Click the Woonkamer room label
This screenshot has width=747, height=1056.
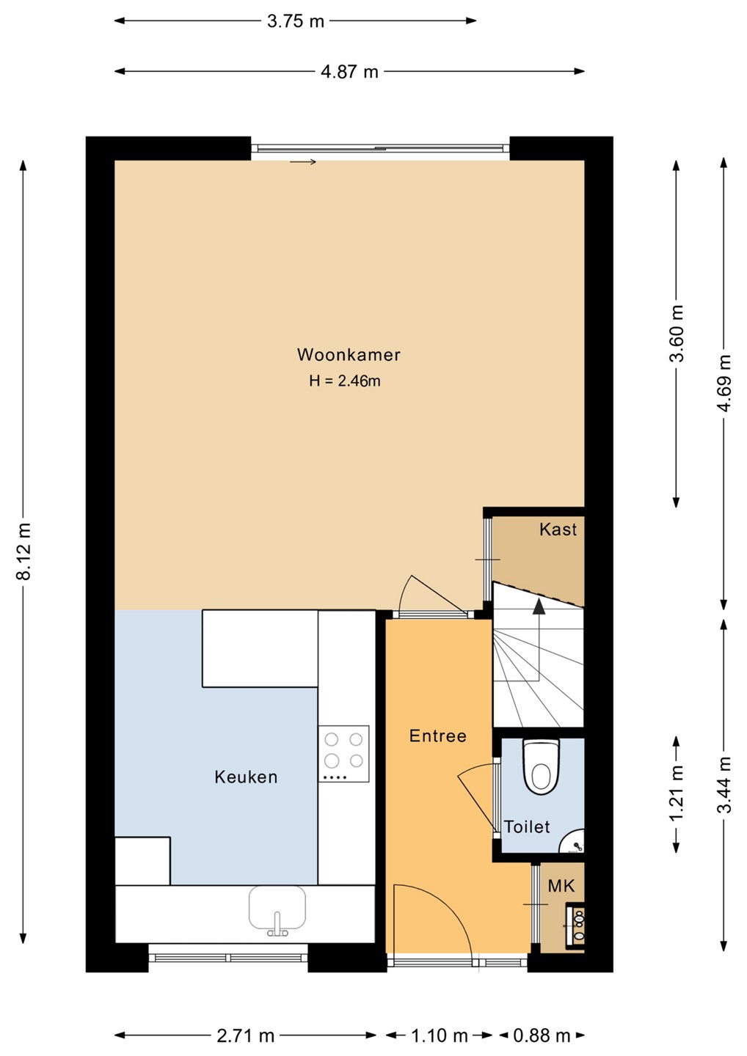pyautogui.click(x=349, y=355)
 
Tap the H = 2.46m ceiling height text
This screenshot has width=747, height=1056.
pyautogui.click(x=345, y=381)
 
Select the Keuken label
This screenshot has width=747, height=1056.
pyautogui.click(x=246, y=777)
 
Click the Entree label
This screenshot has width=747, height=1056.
pyautogui.click(x=437, y=736)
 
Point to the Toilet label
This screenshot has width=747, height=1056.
pyautogui.click(x=527, y=826)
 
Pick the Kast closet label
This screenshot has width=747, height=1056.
pyautogui.click(x=558, y=529)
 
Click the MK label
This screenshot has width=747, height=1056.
pyautogui.click(x=561, y=887)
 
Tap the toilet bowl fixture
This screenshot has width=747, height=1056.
pyautogui.click(x=541, y=768)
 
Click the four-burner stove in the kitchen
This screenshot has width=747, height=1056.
pyautogui.click(x=343, y=754)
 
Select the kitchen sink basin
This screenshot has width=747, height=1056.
pyautogui.click(x=277, y=910)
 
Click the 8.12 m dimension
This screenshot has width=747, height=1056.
pyautogui.click(x=23, y=551)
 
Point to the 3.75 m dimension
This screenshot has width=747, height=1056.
pyautogui.click(x=296, y=21)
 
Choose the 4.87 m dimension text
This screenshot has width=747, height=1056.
pyautogui.click(x=349, y=72)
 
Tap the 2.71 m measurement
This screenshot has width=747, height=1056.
pyautogui.click(x=245, y=1035)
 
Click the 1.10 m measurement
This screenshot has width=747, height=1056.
pyautogui.click(x=440, y=1035)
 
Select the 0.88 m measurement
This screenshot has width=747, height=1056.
pyautogui.click(x=542, y=1035)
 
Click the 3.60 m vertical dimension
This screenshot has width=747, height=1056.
pyautogui.click(x=677, y=333)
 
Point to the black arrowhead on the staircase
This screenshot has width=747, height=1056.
pyautogui.click(x=539, y=606)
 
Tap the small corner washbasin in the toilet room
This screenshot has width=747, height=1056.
pyautogui.click(x=573, y=842)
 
